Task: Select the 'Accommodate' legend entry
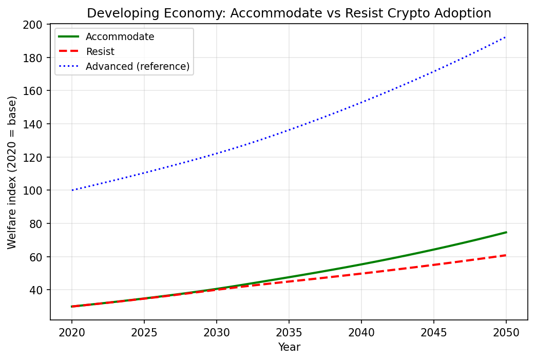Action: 120,36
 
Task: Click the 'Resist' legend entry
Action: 100,51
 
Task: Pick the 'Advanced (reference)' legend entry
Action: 138,66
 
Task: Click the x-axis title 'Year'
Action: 289,348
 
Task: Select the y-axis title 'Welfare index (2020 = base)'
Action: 12,172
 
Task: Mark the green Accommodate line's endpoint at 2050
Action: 506,232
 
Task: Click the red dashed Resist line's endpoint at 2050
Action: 506,255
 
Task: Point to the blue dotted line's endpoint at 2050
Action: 506,37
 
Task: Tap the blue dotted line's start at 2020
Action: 72,190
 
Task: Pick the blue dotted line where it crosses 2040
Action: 361,102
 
